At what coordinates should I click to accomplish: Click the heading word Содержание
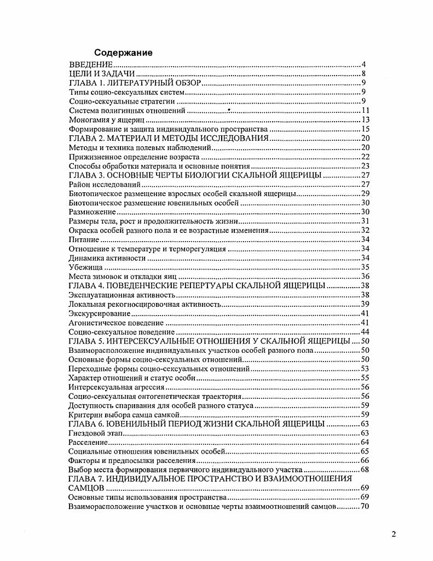point(123,53)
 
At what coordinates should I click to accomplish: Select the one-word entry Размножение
point(93,213)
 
